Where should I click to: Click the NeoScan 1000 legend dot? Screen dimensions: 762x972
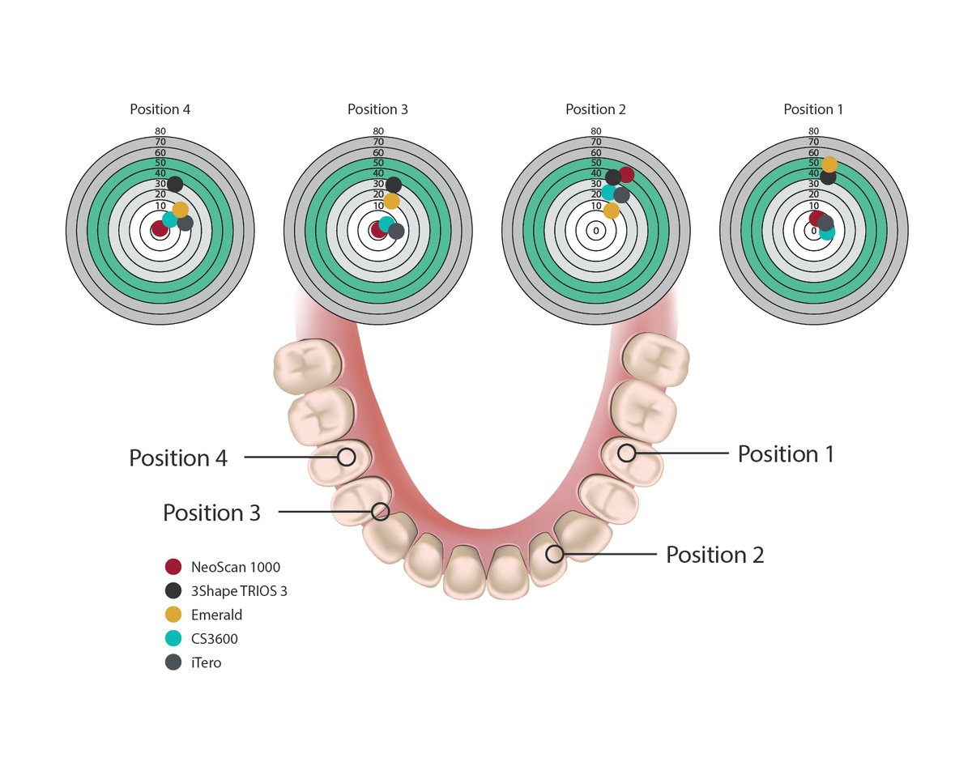point(173,567)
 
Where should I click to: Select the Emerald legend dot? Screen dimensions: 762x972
point(173,615)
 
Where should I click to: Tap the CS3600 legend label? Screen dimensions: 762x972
point(215,639)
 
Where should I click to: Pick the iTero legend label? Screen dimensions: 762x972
point(207,662)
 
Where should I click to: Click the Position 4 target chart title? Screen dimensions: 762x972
point(160,109)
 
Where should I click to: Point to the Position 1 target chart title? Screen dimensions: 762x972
point(813,109)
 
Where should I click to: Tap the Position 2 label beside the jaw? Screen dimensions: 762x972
point(714,555)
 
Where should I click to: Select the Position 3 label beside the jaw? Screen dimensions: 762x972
point(211,513)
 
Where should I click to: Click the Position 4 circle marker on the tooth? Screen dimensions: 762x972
point(347,457)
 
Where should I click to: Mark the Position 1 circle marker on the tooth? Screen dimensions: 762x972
point(626,453)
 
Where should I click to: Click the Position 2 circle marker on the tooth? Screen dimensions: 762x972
point(554,554)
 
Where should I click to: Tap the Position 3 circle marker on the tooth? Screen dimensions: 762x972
point(380,511)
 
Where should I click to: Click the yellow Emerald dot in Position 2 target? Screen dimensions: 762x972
point(612,211)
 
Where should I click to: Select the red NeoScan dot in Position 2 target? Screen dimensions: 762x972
point(625,174)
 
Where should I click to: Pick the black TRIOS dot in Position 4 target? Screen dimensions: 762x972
point(175,184)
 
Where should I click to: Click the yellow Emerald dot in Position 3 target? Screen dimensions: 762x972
point(391,201)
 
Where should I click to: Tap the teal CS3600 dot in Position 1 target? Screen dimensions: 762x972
point(826,233)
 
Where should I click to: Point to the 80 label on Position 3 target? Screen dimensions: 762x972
point(377,131)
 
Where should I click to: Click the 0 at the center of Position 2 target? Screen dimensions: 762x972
point(595,231)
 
